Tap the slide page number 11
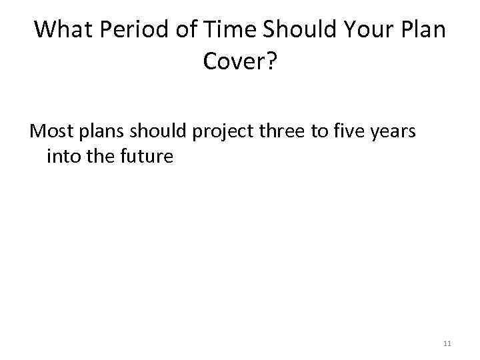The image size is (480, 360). pos(447,344)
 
